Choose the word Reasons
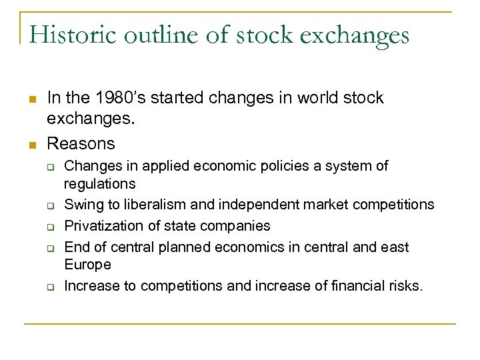click(x=81, y=143)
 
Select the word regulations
click(x=99, y=183)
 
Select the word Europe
click(x=87, y=265)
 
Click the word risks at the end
click(x=404, y=287)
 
